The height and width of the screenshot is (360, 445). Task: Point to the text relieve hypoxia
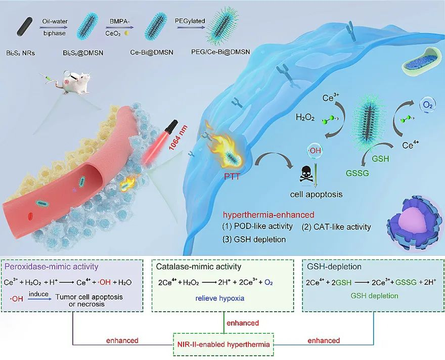coord(220,298)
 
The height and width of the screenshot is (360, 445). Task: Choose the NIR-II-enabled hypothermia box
coord(224,342)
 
